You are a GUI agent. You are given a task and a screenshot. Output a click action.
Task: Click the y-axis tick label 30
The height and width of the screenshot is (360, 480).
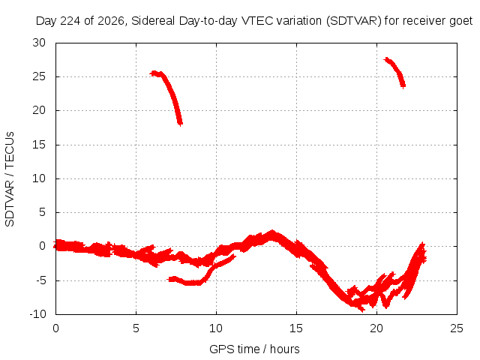[39, 43]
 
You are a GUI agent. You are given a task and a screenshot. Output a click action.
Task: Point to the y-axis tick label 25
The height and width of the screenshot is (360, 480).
[39, 76]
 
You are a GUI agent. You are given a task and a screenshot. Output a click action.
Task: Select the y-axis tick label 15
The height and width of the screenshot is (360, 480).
[39, 145]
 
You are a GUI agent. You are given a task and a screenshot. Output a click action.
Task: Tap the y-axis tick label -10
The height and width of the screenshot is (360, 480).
[37, 314]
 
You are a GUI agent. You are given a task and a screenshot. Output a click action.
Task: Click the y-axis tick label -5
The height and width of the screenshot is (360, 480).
[39, 280]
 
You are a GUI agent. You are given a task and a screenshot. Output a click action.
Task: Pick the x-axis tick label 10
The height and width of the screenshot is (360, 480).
[216, 328]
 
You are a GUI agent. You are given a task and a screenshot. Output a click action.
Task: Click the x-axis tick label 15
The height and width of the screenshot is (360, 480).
[296, 328]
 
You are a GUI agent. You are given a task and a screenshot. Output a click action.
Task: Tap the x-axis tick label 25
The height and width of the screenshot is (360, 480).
[457, 328]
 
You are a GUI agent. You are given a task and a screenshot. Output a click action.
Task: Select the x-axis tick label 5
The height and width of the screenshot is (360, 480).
[136, 328]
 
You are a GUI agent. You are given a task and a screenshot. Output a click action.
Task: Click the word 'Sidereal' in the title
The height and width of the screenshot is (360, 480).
[153, 21]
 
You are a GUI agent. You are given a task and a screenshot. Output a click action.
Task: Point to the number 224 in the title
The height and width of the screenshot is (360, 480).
[70, 21]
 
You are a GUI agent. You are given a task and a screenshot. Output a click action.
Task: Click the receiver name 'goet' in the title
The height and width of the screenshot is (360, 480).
[461, 21]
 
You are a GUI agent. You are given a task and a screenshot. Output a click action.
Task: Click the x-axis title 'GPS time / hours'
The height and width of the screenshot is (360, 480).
[254, 349]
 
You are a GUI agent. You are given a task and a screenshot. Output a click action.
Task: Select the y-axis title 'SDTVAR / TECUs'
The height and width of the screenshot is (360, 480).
[10, 179]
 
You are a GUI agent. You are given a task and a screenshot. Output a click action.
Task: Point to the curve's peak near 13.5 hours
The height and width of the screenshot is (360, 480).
[271, 232]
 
